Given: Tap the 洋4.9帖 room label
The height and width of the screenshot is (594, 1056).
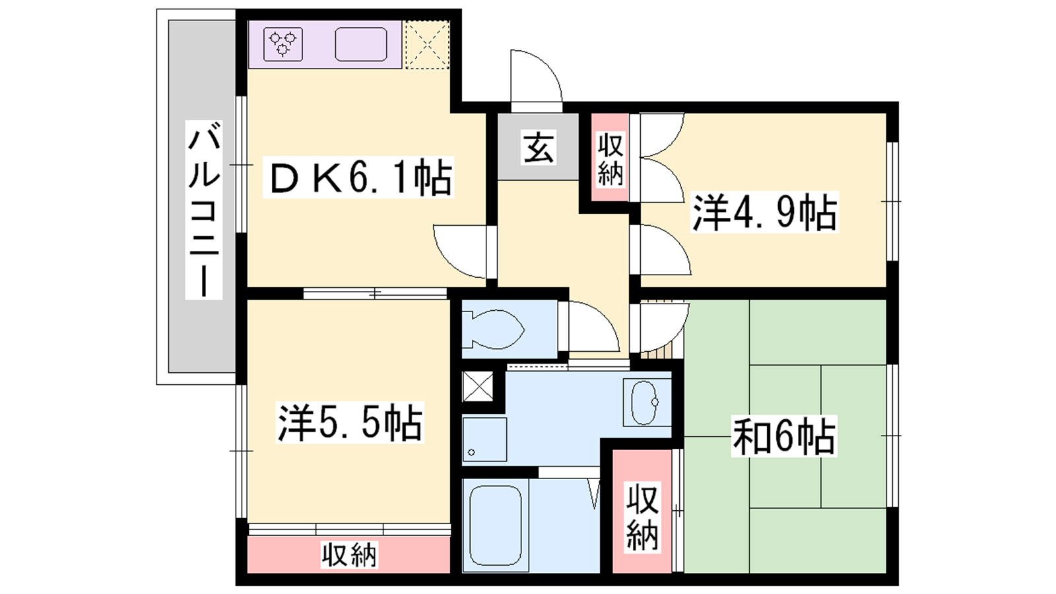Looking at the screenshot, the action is click(764, 212).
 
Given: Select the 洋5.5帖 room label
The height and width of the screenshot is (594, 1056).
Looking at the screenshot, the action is click(350, 422).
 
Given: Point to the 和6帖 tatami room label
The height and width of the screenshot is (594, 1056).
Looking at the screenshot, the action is click(784, 436).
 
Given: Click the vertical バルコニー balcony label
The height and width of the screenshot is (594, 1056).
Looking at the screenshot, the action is click(204, 210).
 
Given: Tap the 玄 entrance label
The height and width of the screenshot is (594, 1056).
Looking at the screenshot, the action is click(539, 147).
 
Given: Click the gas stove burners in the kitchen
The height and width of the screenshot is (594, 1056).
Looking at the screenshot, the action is click(283, 44).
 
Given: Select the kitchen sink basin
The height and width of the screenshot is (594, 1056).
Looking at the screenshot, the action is click(361, 44).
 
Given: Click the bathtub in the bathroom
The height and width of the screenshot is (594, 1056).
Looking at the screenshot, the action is click(496, 525).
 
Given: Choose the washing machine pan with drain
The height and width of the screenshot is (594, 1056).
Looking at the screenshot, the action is click(484, 440).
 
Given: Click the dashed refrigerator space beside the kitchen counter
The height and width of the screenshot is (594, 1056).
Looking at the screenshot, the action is click(427, 45).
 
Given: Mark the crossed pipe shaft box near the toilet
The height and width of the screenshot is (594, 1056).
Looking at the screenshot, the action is click(478, 386).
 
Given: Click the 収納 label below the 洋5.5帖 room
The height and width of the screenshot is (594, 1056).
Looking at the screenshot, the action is click(349, 555).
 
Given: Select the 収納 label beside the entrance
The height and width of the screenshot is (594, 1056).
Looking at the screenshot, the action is click(610, 159).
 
